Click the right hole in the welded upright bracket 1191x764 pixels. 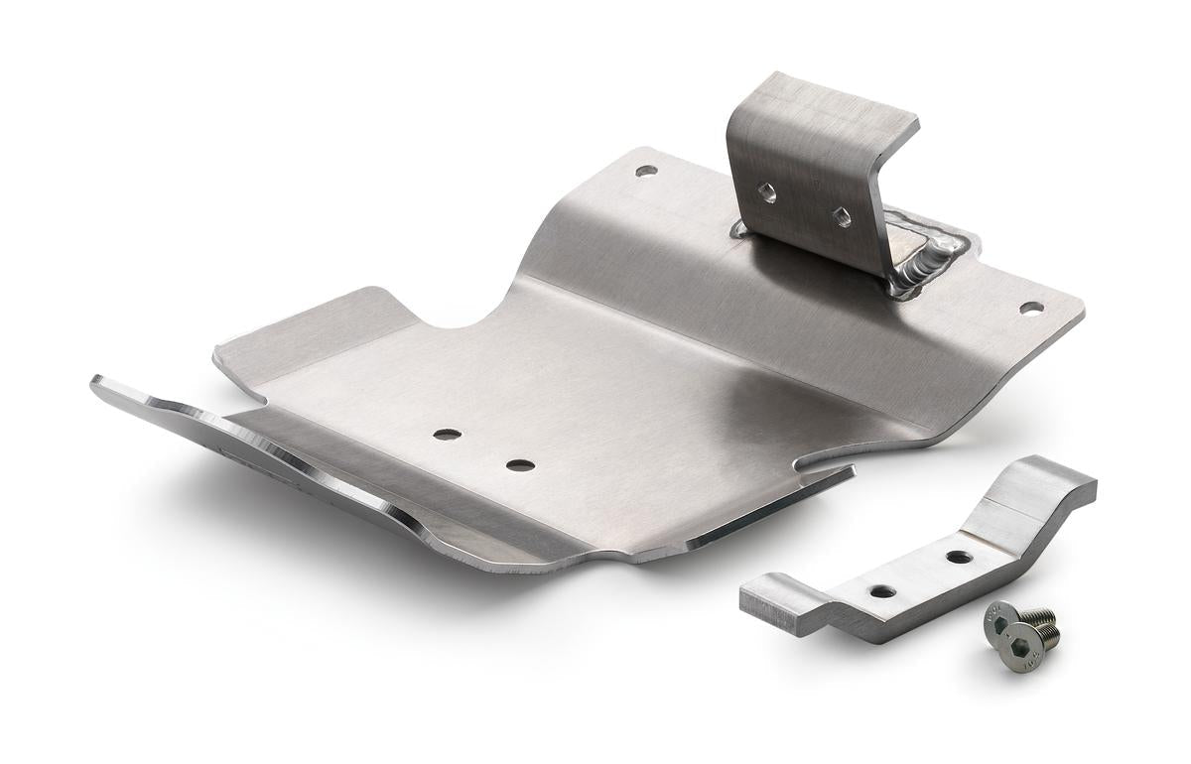(x=841, y=217)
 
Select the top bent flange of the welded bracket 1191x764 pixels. (x=824, y=109)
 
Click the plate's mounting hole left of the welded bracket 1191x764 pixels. (x=645, y=171)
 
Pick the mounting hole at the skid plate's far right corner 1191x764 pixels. (x=1030, y=308)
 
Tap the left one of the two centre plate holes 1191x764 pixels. (x=447, y=436)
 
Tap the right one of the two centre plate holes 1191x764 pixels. (x=519, y=464)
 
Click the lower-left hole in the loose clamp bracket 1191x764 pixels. (x=881, y=591)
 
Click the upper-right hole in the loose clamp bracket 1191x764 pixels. (x=959, y=557)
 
